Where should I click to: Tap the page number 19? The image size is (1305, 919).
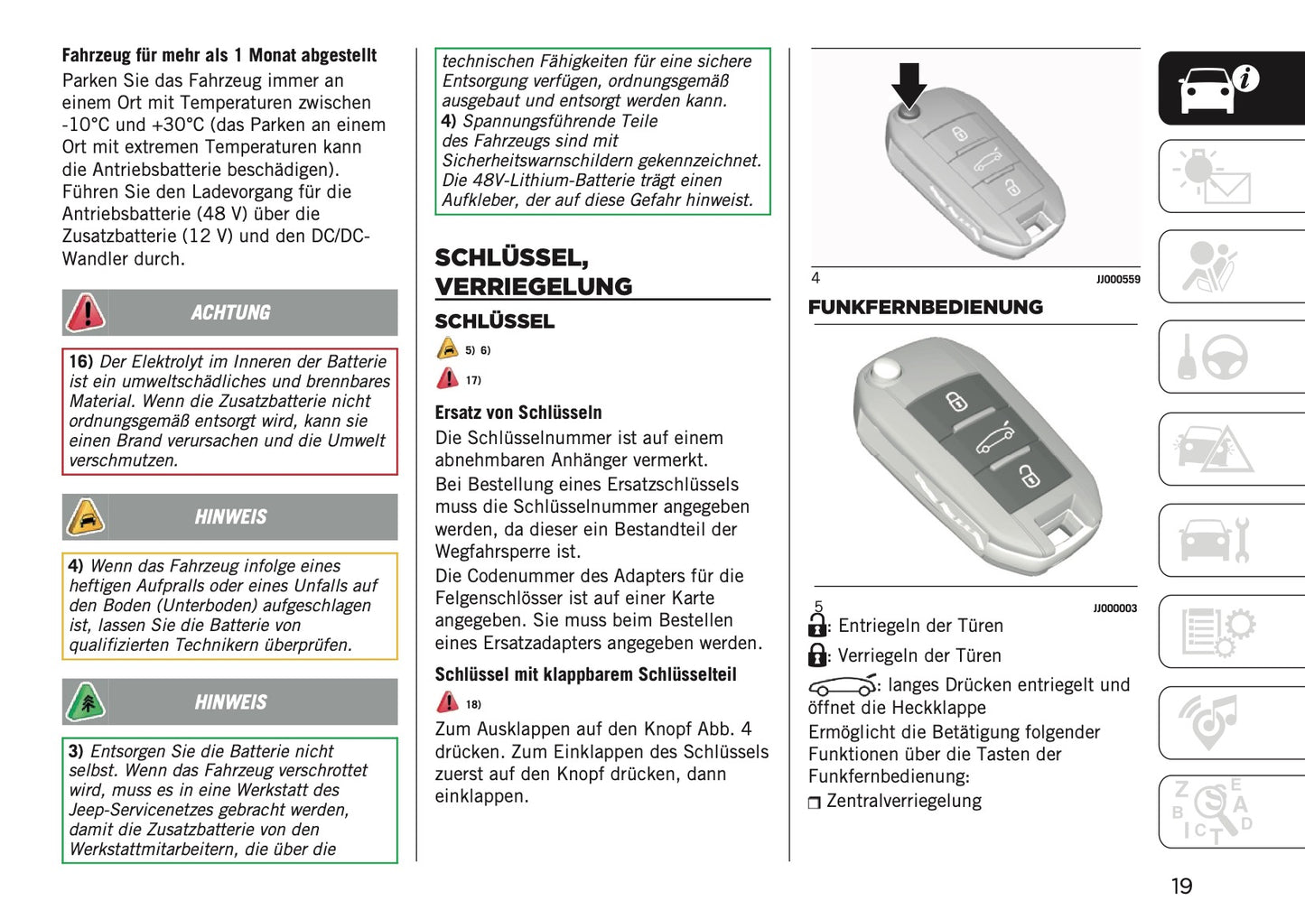[x=1181, y=886]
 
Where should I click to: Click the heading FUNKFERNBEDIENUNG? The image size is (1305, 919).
[x=925, y=307]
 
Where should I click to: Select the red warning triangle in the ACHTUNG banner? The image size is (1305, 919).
[x=86, y=313]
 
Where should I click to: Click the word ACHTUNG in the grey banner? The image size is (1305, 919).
[x=230, y=312]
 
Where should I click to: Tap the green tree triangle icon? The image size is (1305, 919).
[x=86, y=702]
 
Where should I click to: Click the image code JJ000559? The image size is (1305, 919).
[x=1118, y=280]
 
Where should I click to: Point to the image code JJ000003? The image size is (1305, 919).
[x=1114, y=608]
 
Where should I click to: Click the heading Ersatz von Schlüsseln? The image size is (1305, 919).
[x=518, y=413]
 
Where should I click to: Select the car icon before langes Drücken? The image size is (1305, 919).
[x=842, y=685]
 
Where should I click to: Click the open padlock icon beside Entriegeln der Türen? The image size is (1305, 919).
[x=817, y=625]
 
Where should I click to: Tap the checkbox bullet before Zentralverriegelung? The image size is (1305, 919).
[x=815, y=803]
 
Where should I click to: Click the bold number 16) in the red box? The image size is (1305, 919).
[x=81, y=361]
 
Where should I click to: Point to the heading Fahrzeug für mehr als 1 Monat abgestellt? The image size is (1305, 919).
[x=219, y=55]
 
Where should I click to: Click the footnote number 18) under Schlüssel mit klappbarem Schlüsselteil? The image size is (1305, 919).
[x=473, y=704]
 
